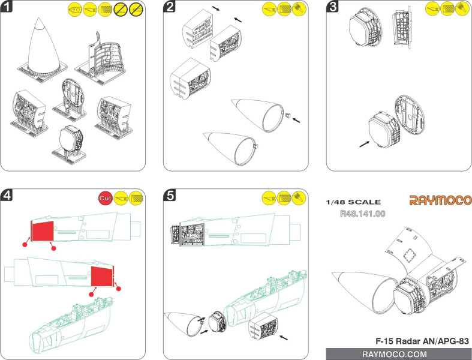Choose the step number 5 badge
pos(171,196)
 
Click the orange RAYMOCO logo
pos(440,200)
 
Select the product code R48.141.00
pos(362,213)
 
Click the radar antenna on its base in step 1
pos(71,139)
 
